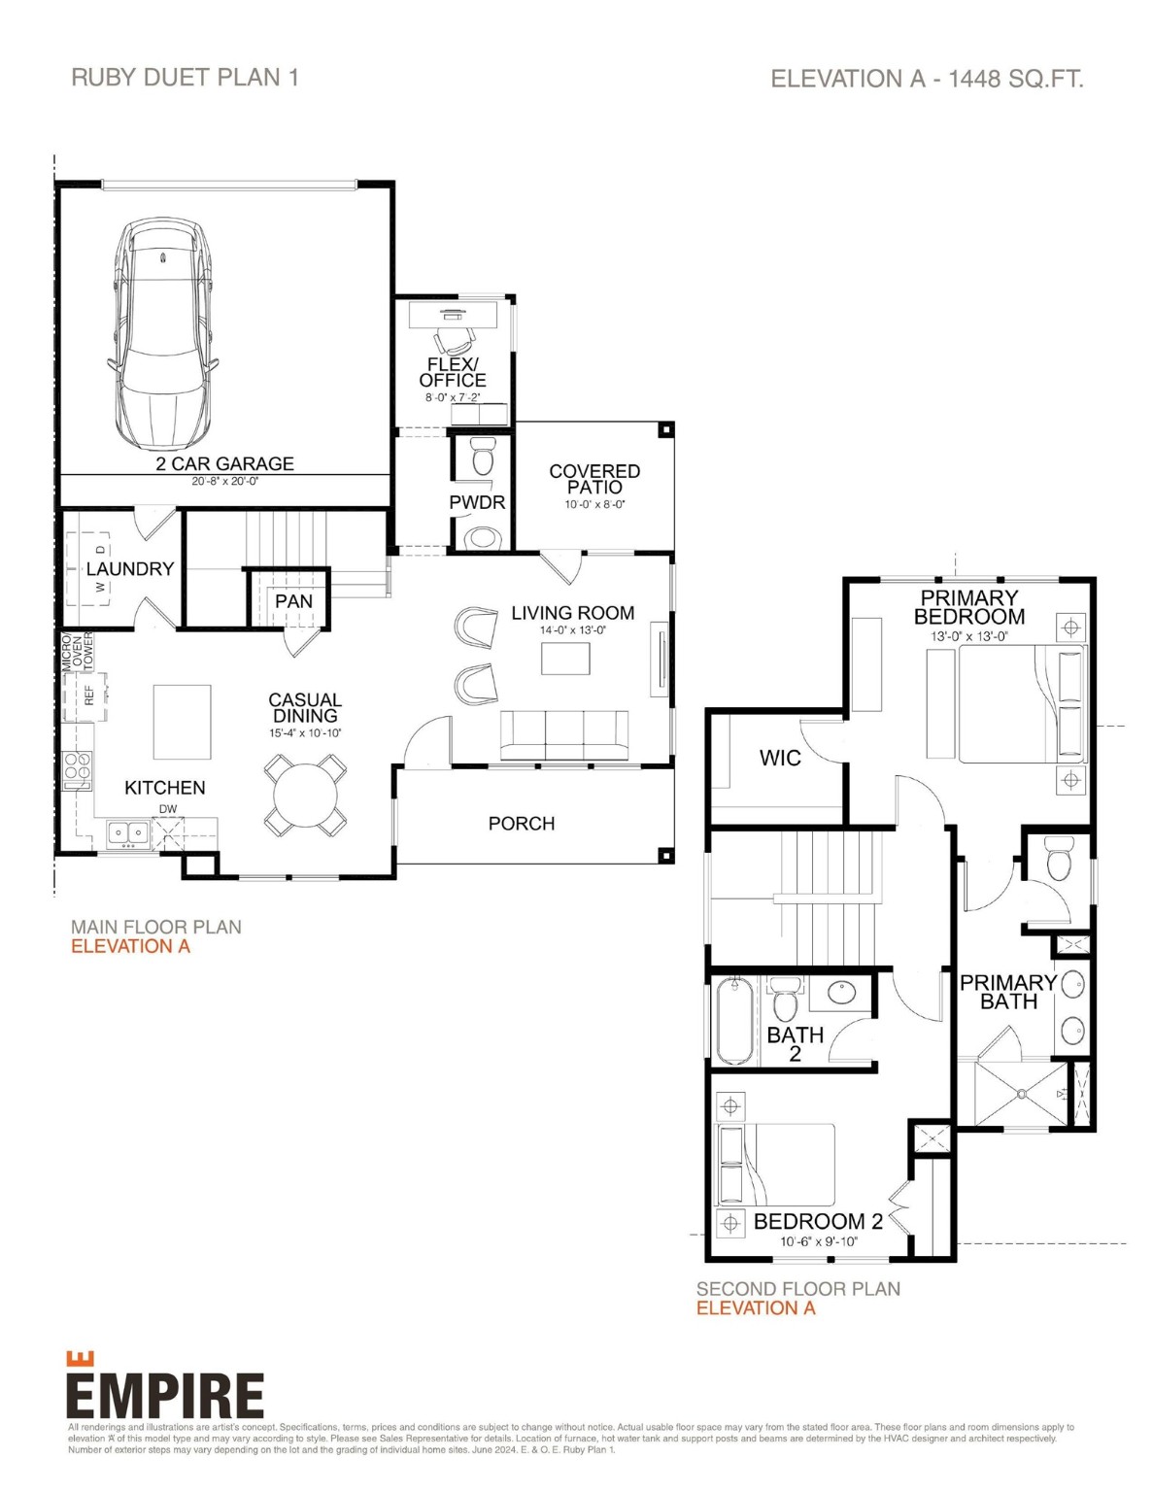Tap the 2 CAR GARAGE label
coord(224,464)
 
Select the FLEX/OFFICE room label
coord(453,372)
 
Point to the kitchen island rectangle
coord(182,722)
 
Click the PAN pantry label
coord(293,601)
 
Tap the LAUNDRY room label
coord(129,569)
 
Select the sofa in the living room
coord(563,735)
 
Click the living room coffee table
coord(565,659)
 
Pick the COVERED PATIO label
coord(594,479)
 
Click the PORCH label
coord(522,824)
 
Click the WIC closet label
coord(780,758)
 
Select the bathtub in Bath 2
coord(734,1021)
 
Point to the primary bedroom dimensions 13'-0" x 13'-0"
coord(968,637)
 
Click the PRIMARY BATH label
coord(1007,992)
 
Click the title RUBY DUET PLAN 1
coord(185,78)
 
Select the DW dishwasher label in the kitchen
coord(168,809)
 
